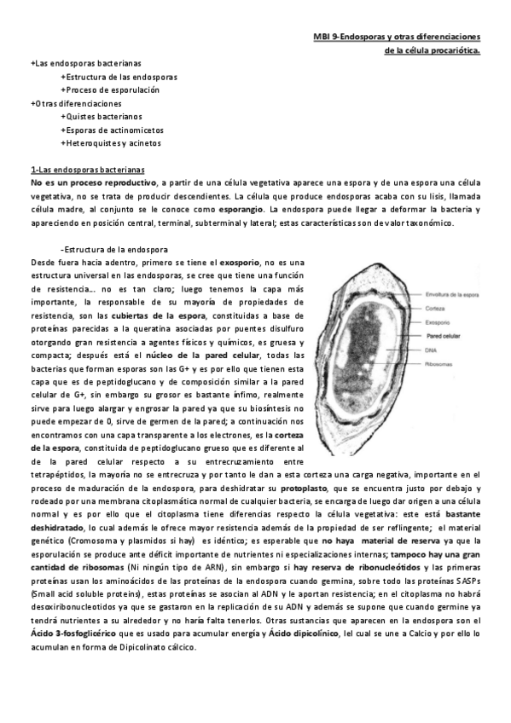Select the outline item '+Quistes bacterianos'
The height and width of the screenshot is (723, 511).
pos(102,116)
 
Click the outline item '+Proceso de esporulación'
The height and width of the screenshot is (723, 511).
pos(110,90)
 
